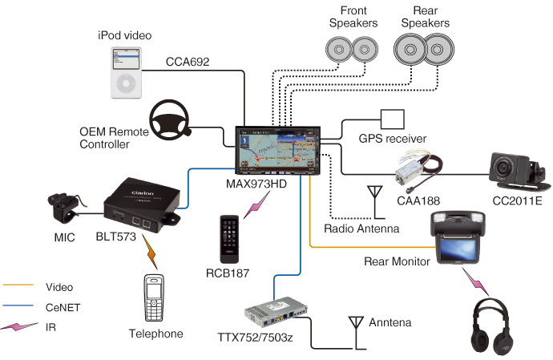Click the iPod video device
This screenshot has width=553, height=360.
[x=125, y=72]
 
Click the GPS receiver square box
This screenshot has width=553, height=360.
[x=392, y=119]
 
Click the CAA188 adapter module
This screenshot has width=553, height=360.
[x=414, y=171]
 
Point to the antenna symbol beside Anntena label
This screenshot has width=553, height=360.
[x=355, y=326]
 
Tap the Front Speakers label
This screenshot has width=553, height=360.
[x=353, y=17]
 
